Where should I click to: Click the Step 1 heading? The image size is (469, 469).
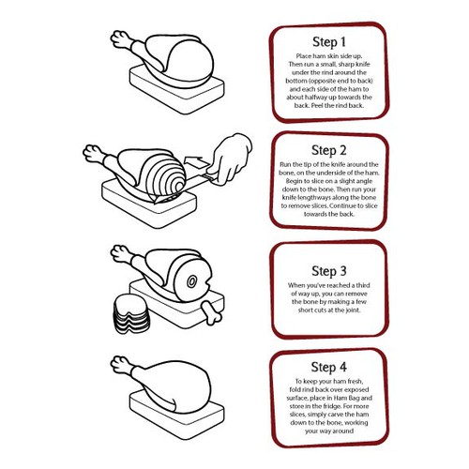click(329, 42)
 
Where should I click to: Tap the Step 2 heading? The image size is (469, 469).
click(329, 150)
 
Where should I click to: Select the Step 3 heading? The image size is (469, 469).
click(329, 271)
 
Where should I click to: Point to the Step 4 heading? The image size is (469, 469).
click(329, 367)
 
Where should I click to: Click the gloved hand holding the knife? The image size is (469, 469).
click(231, 159)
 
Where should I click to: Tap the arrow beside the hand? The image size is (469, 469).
click(196, 162)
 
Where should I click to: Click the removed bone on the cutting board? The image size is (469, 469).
click(212, 311)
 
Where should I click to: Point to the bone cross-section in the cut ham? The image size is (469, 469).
click(191, 281)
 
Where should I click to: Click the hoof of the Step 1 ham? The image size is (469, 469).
click(118, 38)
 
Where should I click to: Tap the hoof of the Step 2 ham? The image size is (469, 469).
click(91, 153)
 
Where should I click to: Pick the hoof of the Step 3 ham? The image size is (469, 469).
click(118, 253)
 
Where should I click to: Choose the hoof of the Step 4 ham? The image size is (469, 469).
click(118, 364)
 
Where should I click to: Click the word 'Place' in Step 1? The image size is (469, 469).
click(303, 56)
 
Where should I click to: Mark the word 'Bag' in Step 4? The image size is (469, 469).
click(355, 399)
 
